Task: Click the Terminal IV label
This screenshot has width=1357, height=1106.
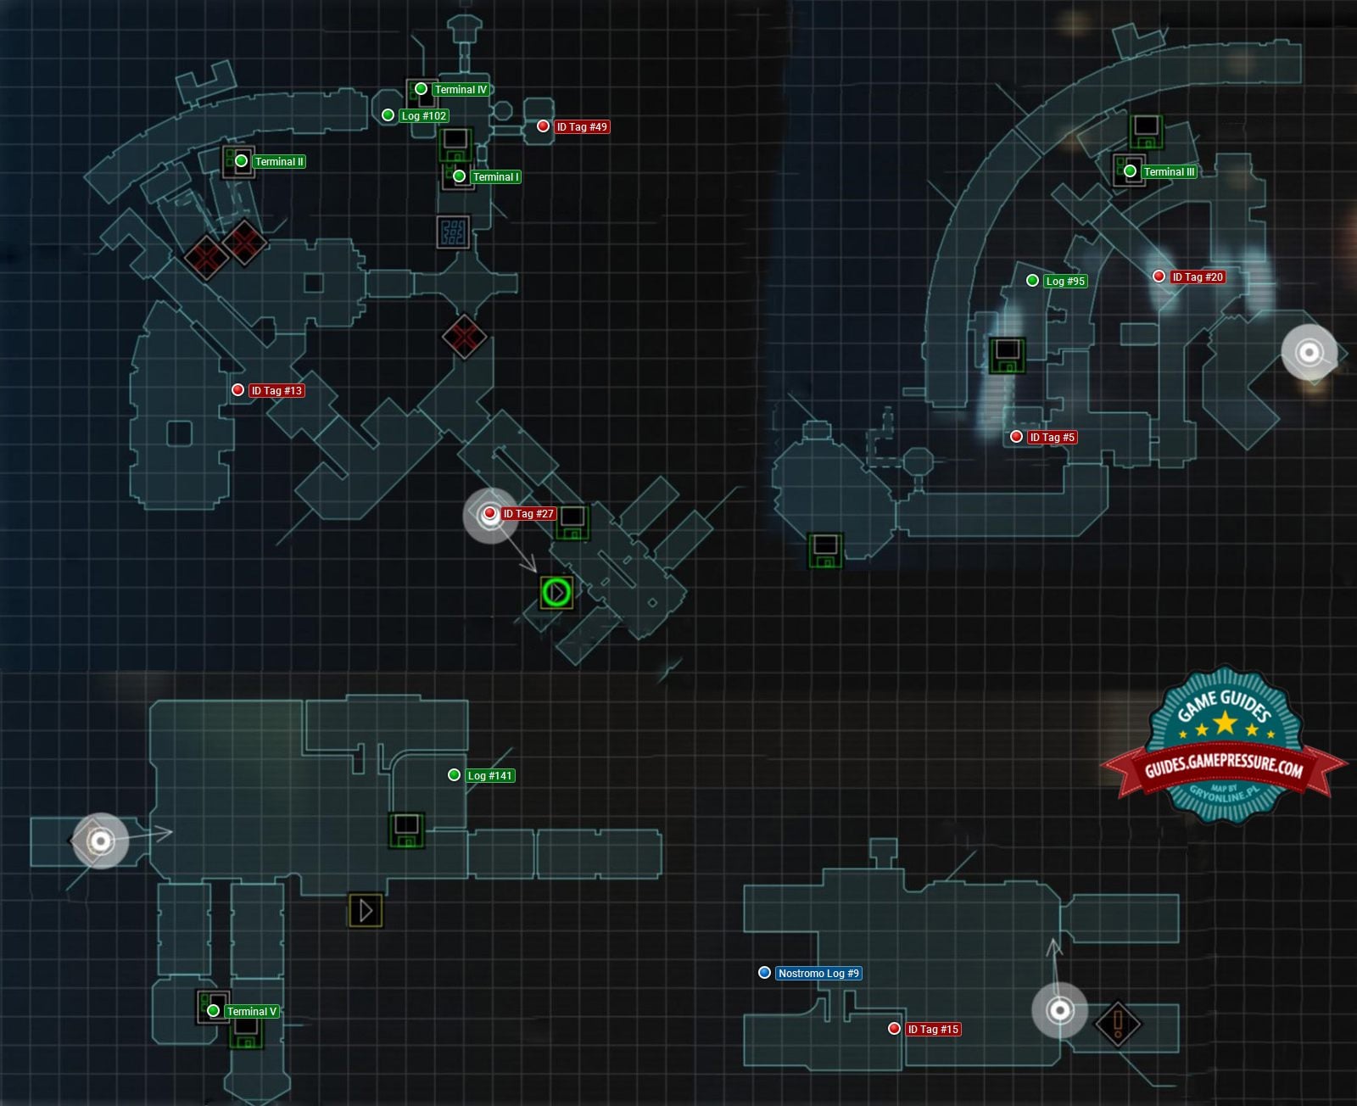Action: tap(461, 90)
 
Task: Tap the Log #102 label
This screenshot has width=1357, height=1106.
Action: tap(424, 116)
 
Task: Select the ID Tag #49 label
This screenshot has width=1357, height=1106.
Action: tap(581, 127)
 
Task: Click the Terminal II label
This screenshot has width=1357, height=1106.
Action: tap(279, 162)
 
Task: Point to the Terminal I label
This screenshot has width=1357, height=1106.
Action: tap(496, 177)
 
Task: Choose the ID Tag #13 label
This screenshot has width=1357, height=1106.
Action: tap(276, 391)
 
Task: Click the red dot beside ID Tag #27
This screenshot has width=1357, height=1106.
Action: tap(489, 513)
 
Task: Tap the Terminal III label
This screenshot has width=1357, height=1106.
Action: tap(1169, 172)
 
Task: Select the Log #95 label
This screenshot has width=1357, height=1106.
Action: tap(1065, 282)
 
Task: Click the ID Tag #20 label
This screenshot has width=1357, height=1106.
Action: tap(1198, 277)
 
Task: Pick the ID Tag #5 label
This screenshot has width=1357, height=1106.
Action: tap(1052, 438)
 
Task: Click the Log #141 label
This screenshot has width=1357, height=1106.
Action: tap(490, 776)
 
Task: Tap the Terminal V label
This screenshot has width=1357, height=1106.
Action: tap(252, 1012)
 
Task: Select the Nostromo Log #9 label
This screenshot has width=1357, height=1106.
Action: tap(818, 974)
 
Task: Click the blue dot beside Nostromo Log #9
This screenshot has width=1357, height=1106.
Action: tap(764, 973)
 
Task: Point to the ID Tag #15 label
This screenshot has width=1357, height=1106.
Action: tap(933, 1030)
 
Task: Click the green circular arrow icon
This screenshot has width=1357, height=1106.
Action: tap(556, 592)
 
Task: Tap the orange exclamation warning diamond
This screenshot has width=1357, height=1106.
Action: tap(1118, 1023)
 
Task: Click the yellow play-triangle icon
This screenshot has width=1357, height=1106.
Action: tap(366, 910)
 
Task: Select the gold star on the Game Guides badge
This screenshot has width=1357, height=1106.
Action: tap(1226, 723)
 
